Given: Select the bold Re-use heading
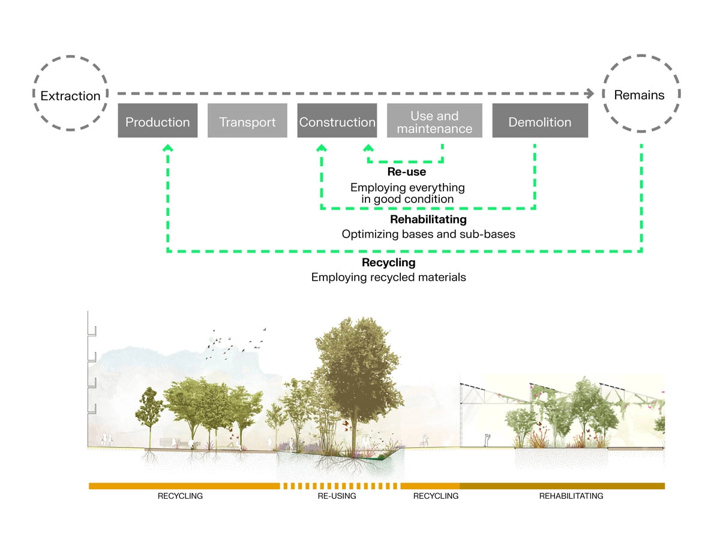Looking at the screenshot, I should click(x=406, y=172).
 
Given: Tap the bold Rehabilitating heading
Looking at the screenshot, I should click(x=428, y=219).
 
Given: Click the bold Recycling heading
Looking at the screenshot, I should click(x=388, y=263).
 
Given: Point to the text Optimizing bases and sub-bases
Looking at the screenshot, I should click(x=428, y=234).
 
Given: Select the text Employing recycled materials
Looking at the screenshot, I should click(x=388, y=277).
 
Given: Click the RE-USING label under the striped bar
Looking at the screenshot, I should click(x=337, y=496).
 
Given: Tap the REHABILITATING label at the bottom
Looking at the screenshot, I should click(x=571, y=496).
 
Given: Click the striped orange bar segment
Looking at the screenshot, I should click(x=340, y=486).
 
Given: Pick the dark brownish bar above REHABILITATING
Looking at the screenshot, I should click(x=562, y=486).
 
